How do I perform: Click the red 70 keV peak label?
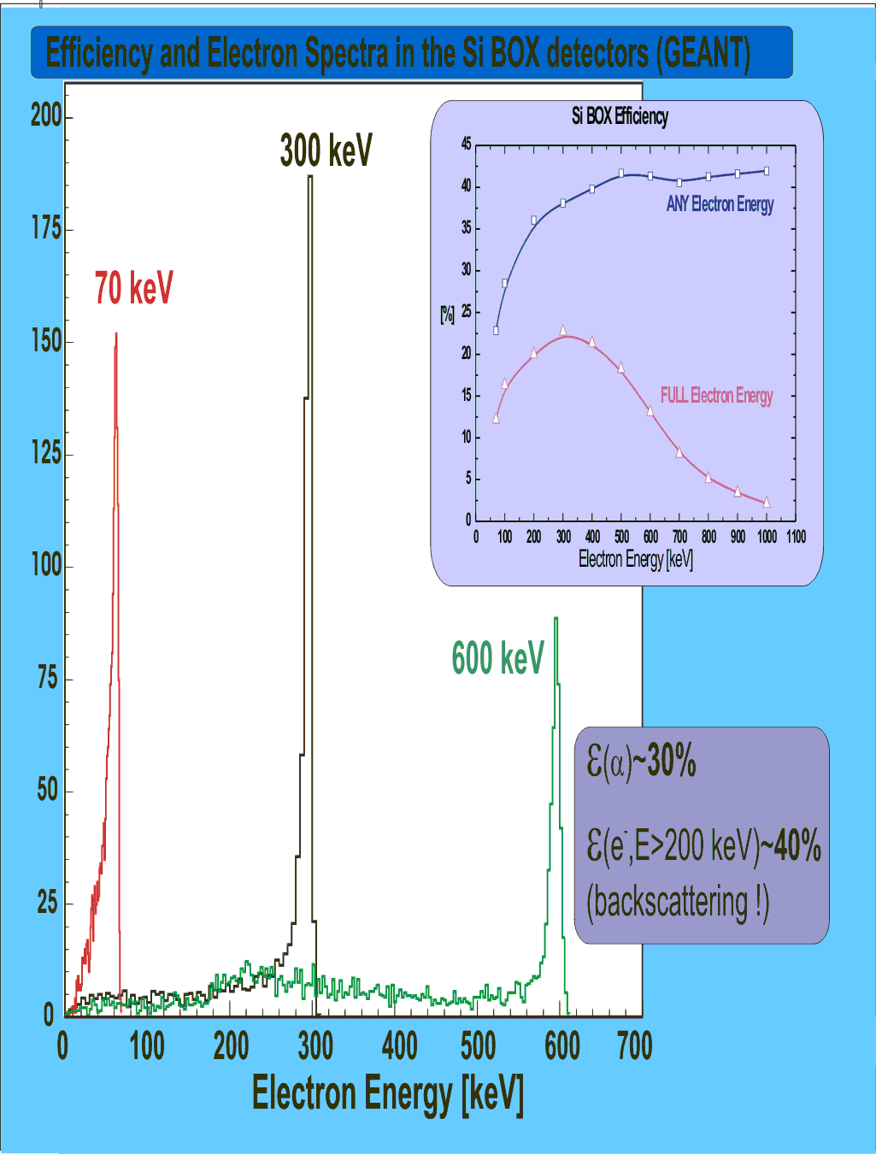coord(133,288)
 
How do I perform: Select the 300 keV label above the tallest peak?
coord(326,151)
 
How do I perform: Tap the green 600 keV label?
coord(497,658)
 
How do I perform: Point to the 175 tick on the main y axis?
coord(46,229)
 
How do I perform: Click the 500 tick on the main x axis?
coord(478,1045)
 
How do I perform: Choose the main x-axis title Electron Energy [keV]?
coord(387,1094)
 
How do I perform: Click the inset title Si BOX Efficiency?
coord(620,116)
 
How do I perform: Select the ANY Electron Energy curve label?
coord(720,204)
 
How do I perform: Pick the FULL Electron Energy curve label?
coord(716,396)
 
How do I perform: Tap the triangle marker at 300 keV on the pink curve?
coord(563,330)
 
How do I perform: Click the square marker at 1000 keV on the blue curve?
coord(767,171)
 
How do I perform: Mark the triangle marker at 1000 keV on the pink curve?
coord(767,503)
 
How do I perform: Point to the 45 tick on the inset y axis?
coord(466,144)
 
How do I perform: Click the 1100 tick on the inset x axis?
coord(796,537)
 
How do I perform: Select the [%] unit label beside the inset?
coord(447,315)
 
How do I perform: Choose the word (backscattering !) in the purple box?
coord(678,903)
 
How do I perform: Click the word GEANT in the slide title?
coord(703,53)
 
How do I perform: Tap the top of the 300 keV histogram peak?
coord(310,177)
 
